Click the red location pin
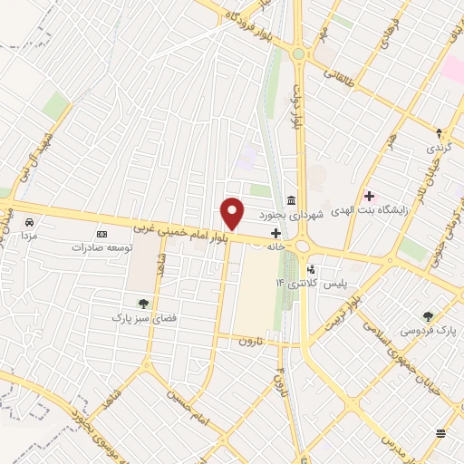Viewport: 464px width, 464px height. (233, 213)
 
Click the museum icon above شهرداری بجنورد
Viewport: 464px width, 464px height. (290, 199)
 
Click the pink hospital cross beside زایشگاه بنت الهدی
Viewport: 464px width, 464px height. (369, 195)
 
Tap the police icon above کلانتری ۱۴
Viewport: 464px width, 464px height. (313, 268)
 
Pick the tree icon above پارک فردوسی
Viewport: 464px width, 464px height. (428, 316)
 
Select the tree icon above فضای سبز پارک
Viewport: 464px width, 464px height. (141, 303)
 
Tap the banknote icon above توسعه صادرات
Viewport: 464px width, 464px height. (101, 233)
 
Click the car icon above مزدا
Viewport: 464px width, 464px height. (30, 222)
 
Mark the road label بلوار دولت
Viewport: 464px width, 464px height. (295, 104)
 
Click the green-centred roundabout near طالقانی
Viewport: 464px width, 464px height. (298, 54)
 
